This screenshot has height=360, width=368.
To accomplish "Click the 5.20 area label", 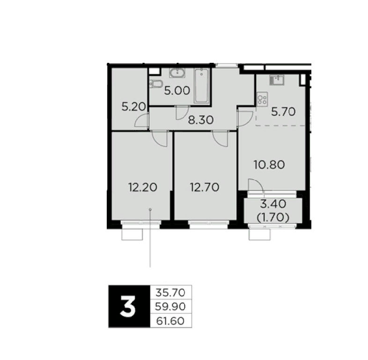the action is pos(134,107).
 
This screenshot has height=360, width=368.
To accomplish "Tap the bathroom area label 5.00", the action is pos(177,90).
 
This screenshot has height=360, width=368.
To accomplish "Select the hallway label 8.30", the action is pos(201,120).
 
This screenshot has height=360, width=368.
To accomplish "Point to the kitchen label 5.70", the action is pos(283,112).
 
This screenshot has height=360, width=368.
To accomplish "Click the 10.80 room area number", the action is pos(269,165).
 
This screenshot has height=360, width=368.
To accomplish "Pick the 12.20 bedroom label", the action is pos(143,187).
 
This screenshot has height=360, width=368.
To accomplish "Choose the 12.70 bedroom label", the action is pos(205,187).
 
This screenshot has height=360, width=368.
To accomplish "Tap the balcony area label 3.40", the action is pos(273,204).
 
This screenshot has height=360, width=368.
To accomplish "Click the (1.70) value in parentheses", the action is pos(272,218).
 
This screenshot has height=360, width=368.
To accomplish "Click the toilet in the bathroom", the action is pos(156,83).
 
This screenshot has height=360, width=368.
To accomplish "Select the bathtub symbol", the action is pos(202,86).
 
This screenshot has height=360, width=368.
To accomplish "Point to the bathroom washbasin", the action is pos(177,73).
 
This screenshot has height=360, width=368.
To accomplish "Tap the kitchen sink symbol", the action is pos(277,80).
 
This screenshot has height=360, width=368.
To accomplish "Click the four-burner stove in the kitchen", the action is pos(262,98).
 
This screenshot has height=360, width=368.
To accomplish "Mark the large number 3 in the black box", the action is pos(128,306).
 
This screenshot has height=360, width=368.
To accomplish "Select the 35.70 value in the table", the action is pos(170,292).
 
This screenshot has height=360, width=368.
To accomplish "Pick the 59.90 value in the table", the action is pos(170,307).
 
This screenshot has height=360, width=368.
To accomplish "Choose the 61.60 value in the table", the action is pos(170,321).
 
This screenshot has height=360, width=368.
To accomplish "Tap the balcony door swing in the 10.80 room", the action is pos(256,186).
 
